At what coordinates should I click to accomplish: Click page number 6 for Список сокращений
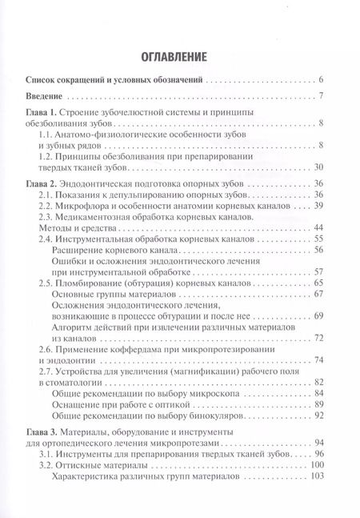click(x=320, y=80)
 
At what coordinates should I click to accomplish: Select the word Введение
click(x=47, y=97)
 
